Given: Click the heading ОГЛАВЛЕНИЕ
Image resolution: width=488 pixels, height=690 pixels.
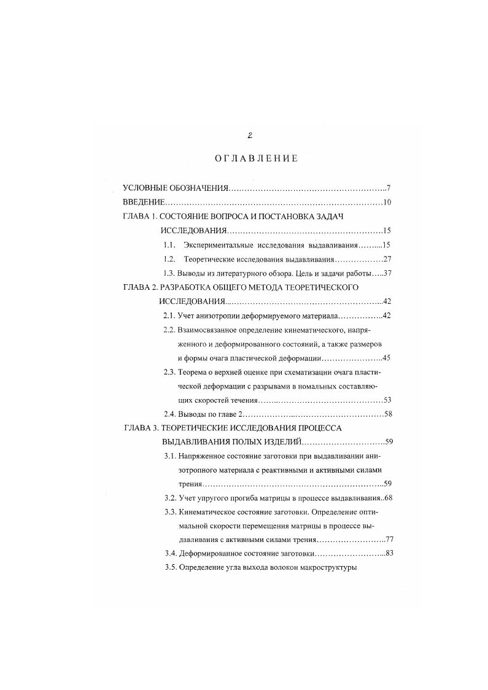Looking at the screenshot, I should click(x=256, y=158).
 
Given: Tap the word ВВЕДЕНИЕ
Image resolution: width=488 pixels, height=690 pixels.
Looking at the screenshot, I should click(x=143, y=202).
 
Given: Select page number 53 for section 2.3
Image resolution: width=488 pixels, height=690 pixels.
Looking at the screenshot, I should click(x=387, y=400).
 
